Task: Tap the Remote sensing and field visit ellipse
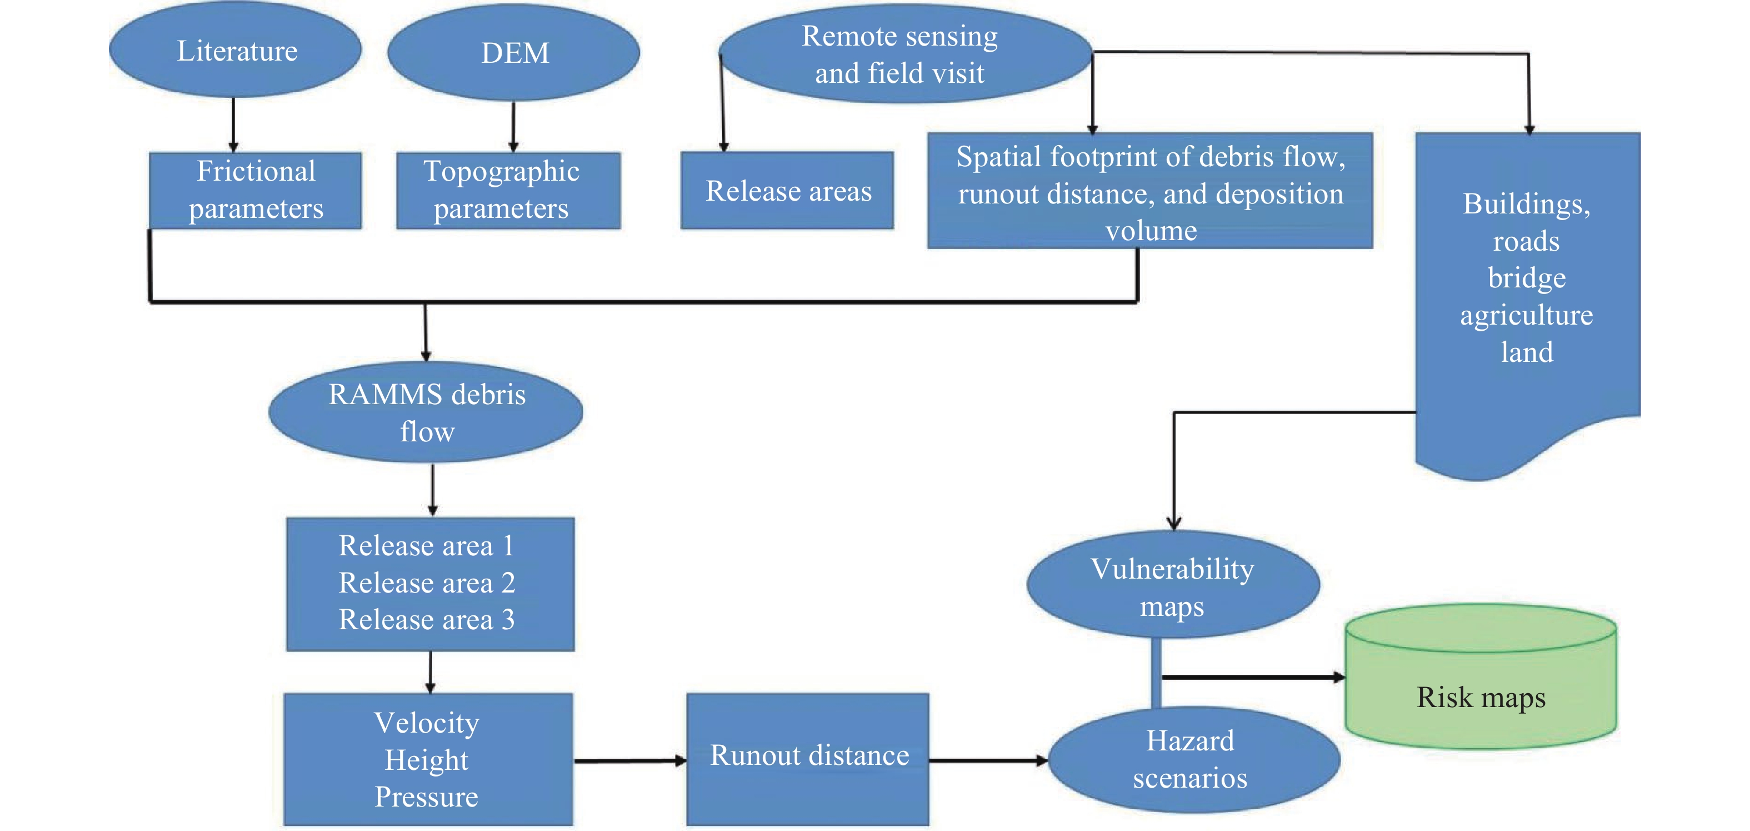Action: pos(900,54)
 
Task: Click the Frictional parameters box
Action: pos(256,190)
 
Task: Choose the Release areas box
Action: pos(787,191)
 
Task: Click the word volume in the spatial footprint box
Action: pos(1151,231)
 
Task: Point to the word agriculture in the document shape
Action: pos(1527,315)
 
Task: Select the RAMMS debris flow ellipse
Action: pos(426,412)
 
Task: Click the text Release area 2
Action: pos(427,583)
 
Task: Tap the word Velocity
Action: pos(427,723)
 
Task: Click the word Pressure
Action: pos(427,797)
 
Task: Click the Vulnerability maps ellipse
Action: pos(1173,586)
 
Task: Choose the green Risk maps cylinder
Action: pos(1481,686)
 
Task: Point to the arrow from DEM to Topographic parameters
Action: pos(513,126)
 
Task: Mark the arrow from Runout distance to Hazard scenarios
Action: pos(988,761)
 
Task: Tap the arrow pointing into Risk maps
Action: pos(1253,678)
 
